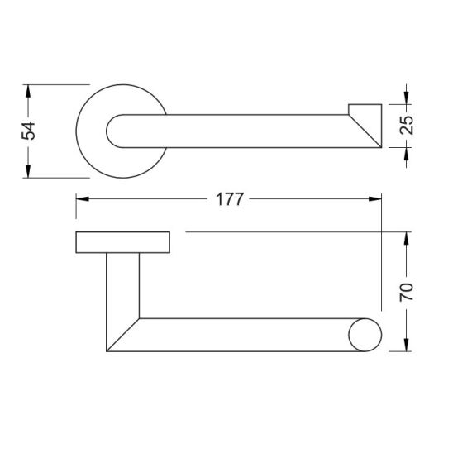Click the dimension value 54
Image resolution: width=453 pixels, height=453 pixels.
[29, 131]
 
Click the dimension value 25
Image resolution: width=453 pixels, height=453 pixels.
[407, 125]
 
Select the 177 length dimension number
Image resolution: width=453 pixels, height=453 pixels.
[230, 199]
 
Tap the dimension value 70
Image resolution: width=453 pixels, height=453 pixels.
[407, 293]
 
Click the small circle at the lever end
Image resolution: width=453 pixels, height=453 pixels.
[365, 335]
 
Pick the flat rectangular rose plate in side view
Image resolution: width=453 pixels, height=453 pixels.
[123, 242]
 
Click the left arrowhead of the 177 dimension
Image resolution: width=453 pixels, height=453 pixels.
[83, 198]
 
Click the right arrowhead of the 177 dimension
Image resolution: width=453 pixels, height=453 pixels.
[375, 198]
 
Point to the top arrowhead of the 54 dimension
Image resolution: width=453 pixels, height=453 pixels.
[28, 91]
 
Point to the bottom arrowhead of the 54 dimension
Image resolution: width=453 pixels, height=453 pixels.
[28, 171]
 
